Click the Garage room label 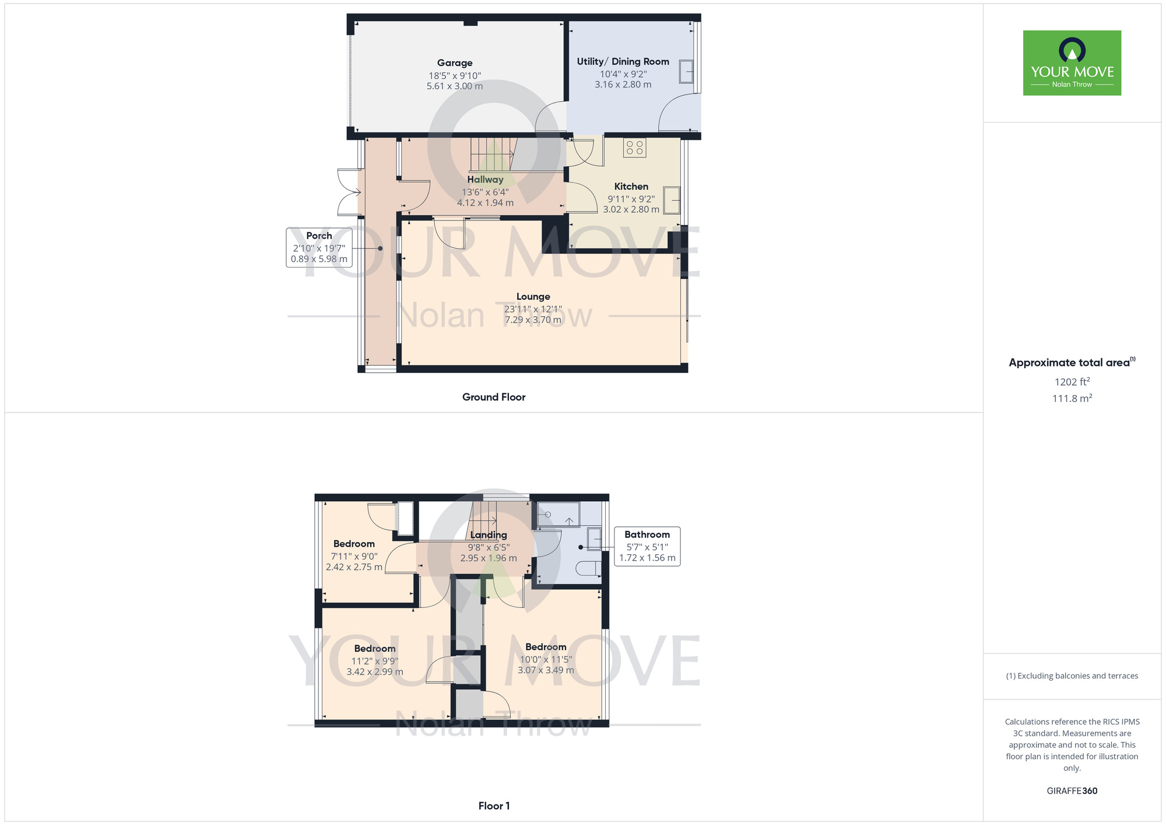455,63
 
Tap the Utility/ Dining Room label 623,61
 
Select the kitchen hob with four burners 634,148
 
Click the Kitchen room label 631,187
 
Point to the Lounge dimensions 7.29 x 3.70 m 533,320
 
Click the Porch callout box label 319,236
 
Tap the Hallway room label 485,180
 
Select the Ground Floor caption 494,397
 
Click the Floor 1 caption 494,806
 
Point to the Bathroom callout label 647,534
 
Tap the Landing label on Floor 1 489,535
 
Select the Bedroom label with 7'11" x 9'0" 354,544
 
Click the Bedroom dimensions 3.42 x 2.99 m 375,672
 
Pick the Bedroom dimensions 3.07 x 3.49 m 546,670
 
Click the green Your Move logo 1072,63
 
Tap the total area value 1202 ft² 1072,382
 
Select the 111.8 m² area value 1072,398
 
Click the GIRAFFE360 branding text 1072,791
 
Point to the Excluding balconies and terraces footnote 1072,676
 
